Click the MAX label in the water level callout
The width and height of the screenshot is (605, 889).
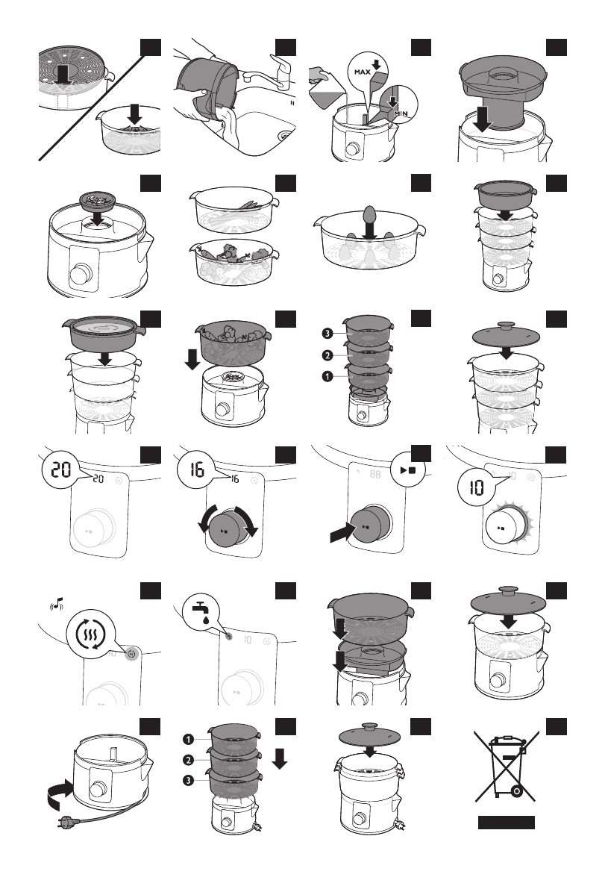pyautogui.click(x=363, y=72)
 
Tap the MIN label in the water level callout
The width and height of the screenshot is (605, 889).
pyautogui.click(x=401, y=114)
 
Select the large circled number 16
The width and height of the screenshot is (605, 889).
pyautogui.click(x=196, y=469)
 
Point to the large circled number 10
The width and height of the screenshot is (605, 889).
pyautogui.click(x=476, y=487)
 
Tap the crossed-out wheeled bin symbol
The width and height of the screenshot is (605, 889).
pyautogui.click(x=506, y=765)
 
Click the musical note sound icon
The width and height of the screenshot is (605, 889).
pyautogui.click(x=57, y=605)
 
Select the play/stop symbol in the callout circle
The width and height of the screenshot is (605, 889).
pyautogui.click(x=407, y=470)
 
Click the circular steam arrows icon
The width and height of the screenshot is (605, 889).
pyautogui.click(x=90, y=633)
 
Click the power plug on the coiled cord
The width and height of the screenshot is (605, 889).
pyautogui.click(x=64, y=820)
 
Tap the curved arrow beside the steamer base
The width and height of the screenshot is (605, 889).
pyautogui.click(x=59, y=793)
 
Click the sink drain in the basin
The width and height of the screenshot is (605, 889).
pyautogui.click(x=285, y=136)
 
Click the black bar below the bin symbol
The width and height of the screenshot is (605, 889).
pyautogui.click(x=506, y=822)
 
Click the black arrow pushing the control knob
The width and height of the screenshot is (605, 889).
pyautogui.click(x=342, y=532)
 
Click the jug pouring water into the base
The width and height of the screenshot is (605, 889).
pyautogui.click(x=326, y=89)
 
